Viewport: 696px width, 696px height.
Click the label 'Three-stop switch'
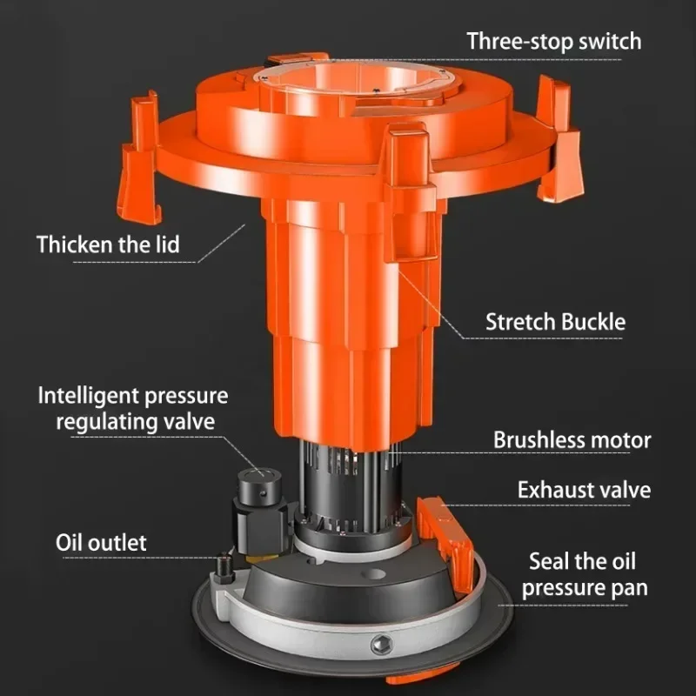[554, 42]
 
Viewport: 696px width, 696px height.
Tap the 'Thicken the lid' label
[108, 244]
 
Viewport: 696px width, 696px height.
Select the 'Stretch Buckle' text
[555, 322]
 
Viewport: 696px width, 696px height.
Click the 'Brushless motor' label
[572, 440]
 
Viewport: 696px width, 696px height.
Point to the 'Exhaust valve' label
[584, 490]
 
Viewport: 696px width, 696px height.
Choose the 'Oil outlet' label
[101, 542]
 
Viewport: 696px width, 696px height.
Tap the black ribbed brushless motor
[351, 492]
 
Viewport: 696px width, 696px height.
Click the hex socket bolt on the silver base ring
[381, 644]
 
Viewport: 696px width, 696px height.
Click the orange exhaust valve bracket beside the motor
[446, 541]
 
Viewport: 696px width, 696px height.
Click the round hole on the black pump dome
[373, 574]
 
